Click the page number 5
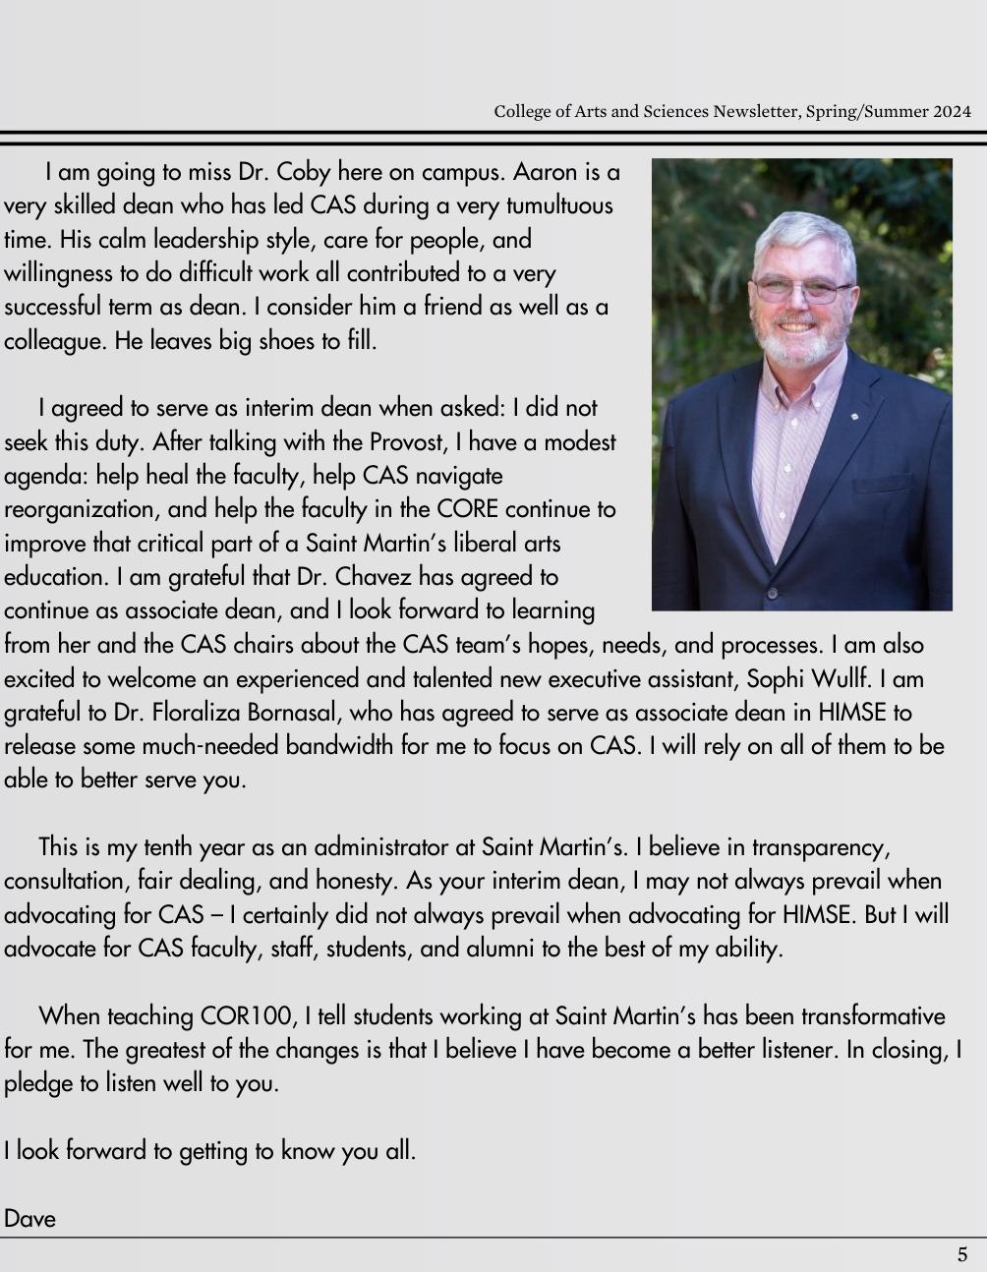tap(962, 1254)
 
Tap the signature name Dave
tap(29, 1219)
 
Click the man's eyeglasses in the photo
tap(801, 290)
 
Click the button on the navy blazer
tap(773, 593)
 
